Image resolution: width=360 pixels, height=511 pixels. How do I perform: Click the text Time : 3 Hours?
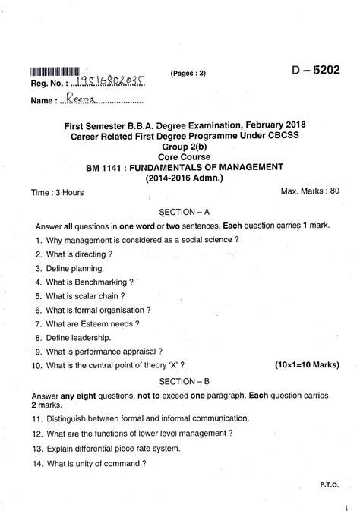coord(58,193)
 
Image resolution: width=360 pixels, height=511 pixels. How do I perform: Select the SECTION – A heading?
coord(181,213)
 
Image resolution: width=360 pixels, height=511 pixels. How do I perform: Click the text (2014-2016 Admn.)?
coord(181,178)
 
